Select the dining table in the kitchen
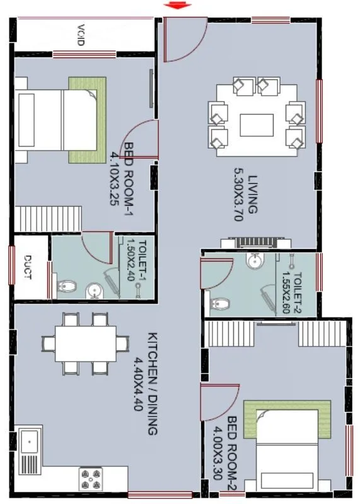coord(85,343)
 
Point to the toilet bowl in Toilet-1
coord(65,289)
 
